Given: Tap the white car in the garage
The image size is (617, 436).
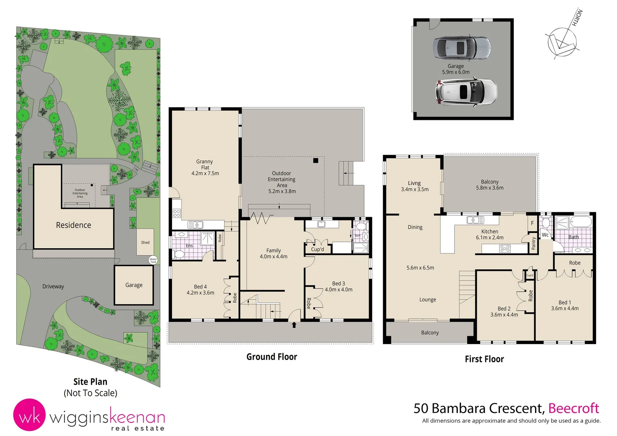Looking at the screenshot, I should click(466, 92).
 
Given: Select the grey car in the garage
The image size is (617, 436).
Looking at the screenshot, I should click(462, 47).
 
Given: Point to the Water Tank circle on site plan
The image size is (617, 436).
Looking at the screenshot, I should click(153, 260).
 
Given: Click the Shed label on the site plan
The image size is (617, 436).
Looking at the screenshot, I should click(145, 243).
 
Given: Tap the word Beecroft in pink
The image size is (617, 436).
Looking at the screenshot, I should click(573, 408).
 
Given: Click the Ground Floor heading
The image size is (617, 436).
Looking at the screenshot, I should click(272, 357).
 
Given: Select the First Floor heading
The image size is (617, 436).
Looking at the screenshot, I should click(484, 359).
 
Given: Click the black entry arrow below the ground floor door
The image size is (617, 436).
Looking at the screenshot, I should click(294, 325).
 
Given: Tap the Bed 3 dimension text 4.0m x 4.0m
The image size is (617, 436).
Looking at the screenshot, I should click(338, 289).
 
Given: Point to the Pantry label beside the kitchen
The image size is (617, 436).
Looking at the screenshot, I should click(533, 243).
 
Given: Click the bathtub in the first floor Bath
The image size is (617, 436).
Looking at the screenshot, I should click(581, 222).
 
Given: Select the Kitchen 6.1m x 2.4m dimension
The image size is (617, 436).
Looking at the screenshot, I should click(489, 237).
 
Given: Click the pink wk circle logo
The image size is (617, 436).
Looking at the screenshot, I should click(29, 415).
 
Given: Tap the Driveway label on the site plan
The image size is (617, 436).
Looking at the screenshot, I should click(53, 286).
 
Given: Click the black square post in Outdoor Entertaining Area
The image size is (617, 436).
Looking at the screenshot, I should click(316, 161).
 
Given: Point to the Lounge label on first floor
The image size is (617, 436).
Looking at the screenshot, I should click(428, 300).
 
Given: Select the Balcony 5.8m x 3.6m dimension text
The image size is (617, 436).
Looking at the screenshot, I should click(489, 188).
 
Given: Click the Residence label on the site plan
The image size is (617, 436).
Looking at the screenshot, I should click(73, 225).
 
